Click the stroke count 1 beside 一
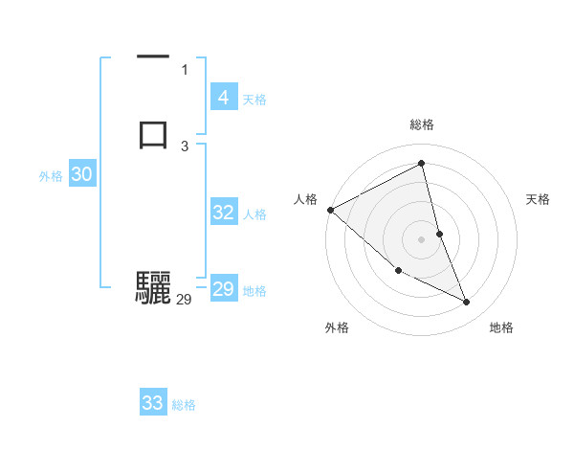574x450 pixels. point(185,69)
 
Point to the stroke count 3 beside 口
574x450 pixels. point(185,146)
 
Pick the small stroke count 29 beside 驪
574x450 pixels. point(185,300)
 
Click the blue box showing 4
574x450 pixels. point(223,98)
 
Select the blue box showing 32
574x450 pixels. point(223,213)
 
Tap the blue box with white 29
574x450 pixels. point(223,289)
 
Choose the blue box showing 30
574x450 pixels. point(82,174)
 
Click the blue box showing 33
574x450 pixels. point(153,403)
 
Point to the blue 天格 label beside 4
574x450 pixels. point(254,100)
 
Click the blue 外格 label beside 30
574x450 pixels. point(51,176)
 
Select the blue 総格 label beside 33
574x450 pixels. point(184,405)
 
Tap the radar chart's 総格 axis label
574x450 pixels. point(422,124)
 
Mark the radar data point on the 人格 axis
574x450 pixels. point(330,210)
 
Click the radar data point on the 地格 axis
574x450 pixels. point(467,303)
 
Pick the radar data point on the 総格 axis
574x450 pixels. point(422,164)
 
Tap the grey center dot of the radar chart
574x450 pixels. point(422,239)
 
